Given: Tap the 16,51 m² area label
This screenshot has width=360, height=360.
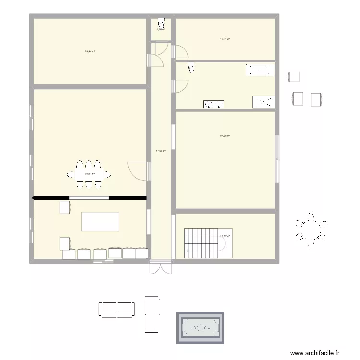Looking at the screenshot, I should [x=225, y=39].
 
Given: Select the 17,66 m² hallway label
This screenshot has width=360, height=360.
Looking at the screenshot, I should [x=161, y=151].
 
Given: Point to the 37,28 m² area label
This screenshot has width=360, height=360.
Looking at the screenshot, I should [x=225, y=136].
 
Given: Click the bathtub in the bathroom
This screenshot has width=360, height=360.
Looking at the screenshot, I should [x=260, y=70].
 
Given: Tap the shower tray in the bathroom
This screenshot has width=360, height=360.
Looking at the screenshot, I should [x=264, y=102].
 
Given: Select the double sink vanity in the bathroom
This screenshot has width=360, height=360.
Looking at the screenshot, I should [x=214, y=104].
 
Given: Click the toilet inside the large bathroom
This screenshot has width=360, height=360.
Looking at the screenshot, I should [x=192, y=68].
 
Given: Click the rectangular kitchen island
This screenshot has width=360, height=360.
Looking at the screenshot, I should [x=100, y=222].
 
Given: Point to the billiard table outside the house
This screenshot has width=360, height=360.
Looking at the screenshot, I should [x=200, y=328].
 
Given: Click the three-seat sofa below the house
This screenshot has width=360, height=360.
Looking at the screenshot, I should [x=117, y=309].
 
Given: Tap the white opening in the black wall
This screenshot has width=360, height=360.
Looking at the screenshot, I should [x=89, y=197].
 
